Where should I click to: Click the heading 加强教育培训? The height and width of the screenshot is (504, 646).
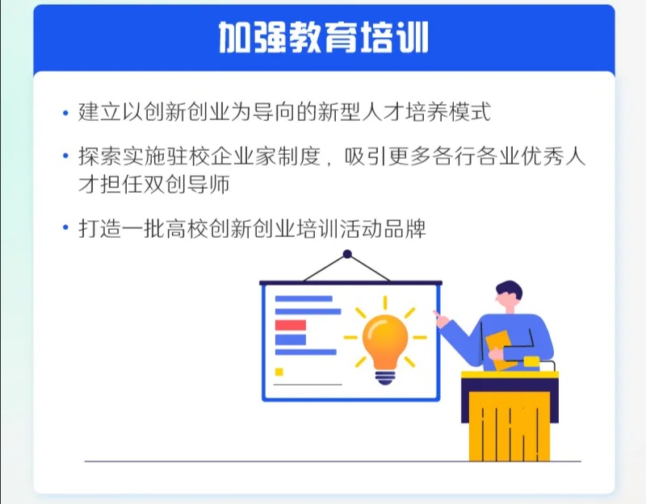[324, 37]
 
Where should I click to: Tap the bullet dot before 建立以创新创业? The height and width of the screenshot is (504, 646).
[65, 113]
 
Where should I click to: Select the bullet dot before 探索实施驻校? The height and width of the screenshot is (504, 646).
[65, 156]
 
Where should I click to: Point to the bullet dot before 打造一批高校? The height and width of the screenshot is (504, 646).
[65, 227]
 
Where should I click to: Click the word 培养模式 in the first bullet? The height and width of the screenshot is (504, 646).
[448, 112]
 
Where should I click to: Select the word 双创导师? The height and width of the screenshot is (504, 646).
[187, 185]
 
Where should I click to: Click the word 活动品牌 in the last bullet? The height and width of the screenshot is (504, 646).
[383, 229]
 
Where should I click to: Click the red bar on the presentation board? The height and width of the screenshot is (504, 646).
[291, 325]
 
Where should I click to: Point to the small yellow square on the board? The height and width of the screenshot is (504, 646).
[279, 372]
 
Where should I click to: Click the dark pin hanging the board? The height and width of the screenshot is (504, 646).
[347, 254]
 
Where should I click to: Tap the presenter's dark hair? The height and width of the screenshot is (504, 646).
[510, 289]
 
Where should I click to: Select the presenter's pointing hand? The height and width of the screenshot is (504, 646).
[440, 319]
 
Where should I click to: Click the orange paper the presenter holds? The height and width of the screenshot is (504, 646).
[499, 350]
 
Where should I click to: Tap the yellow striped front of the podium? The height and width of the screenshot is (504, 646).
[510, 427]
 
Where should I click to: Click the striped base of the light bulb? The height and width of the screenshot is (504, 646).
[385, 377]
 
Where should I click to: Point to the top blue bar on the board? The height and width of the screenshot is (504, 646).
[304, 298]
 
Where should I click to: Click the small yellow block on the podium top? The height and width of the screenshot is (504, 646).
[531, 361]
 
